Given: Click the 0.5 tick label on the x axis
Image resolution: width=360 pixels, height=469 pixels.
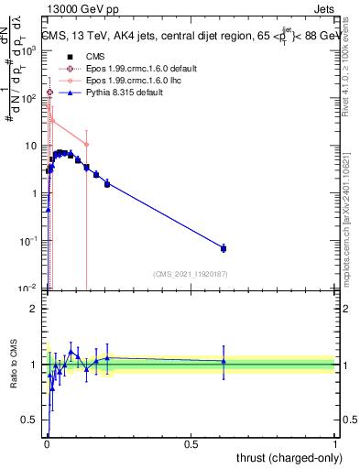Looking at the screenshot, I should [x=191, y=443].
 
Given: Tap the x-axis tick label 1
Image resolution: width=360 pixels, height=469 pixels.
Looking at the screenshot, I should [x=335, y=443].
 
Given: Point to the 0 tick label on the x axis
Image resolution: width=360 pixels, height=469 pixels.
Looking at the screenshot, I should [x=47, y=443].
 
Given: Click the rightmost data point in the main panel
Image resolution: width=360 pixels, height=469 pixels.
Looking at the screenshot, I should [x=224, y=248].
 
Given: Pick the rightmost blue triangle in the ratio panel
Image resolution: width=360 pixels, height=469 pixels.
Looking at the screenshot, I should [x=224, y=361].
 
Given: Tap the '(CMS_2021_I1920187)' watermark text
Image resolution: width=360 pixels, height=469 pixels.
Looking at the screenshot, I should [x=190, y=274].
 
